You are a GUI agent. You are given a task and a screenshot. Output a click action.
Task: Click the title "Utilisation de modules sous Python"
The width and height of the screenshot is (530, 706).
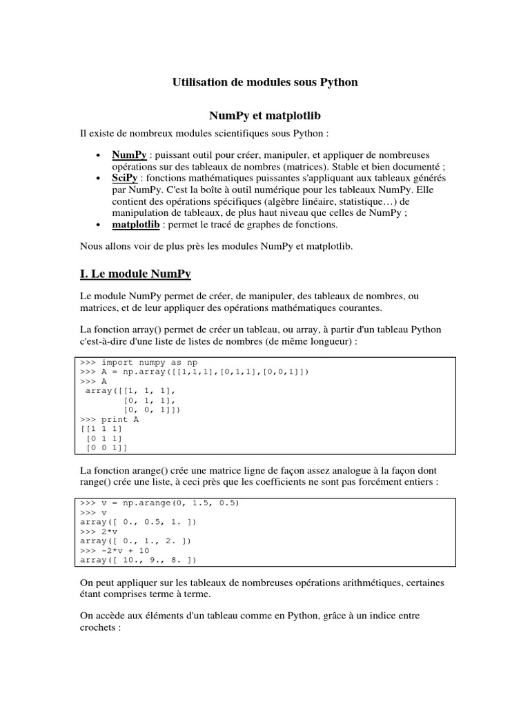(265, 82)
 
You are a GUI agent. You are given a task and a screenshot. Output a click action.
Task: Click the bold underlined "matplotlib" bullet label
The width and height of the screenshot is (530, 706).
(137, 225)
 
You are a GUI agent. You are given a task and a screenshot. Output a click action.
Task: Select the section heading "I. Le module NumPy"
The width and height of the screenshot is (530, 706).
(135, 274)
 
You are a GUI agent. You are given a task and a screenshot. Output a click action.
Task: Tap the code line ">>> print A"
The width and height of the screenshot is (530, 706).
(110, 418)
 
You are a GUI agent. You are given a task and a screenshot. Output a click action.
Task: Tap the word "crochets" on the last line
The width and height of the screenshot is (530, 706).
(101, 629)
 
